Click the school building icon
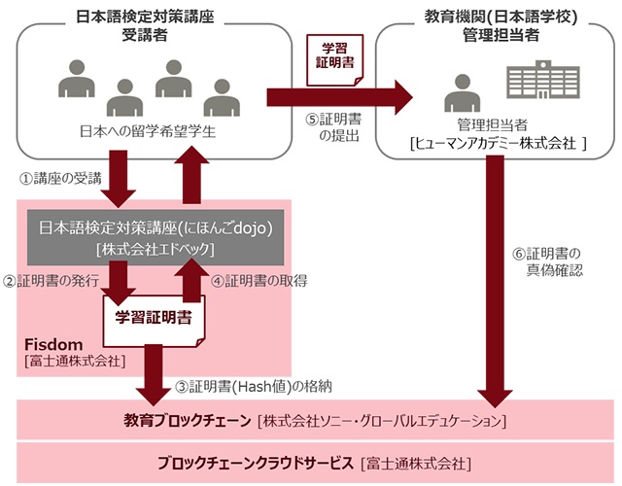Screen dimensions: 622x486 (x=543, y=79)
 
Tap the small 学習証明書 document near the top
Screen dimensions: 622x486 (x=334, y=60)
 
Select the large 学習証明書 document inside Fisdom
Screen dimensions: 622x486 (x=154, y=321)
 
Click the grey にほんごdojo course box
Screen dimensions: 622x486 (x=155, y=237)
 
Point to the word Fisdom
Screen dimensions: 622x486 (x=53, y=344)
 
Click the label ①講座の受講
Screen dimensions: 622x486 (x=60, y=179)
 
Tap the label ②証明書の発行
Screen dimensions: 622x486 (x=51, y=281)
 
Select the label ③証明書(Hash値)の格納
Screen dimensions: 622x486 (x=254, y=386)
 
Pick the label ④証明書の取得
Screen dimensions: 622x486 (x=259, y=281)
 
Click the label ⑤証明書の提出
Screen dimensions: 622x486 (x=333, y=127)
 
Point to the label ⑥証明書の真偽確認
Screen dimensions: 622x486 (x=547, y=261)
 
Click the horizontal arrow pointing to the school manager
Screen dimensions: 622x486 (x=340, y=97)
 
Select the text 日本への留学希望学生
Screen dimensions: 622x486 (x=148, y=131)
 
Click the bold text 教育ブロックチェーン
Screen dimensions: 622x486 (x=188, y=420)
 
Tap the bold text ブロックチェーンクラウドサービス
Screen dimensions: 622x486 (x=255, y=463)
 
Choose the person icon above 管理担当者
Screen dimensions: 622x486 (x=463, y=93)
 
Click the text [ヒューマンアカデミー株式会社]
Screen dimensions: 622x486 (x=498, y=143)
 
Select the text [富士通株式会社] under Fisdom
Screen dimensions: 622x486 (x=75, y=361)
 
